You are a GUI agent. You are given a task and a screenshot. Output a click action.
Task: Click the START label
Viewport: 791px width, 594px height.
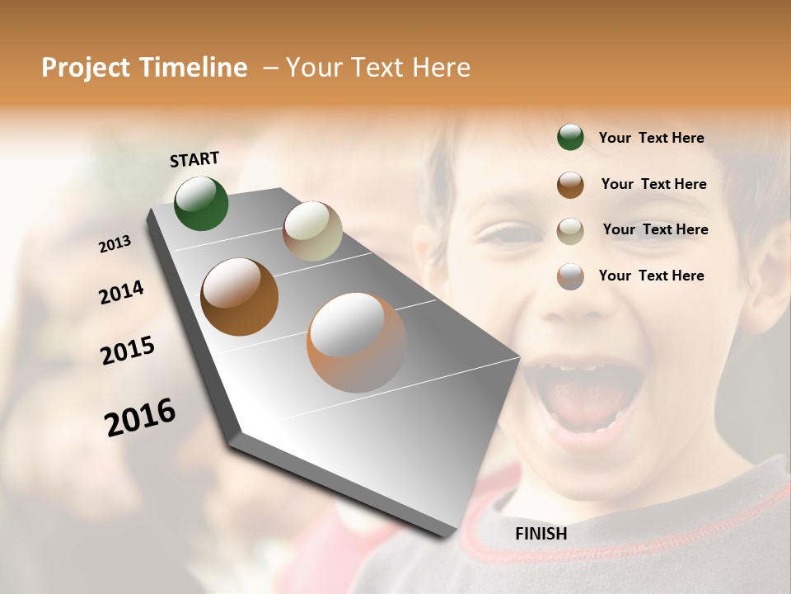click(194, 159)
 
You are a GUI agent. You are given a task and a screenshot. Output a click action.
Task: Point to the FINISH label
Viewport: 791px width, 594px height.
click(541, 534)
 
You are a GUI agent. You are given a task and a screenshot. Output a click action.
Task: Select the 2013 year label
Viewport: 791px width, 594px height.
click(115, 244)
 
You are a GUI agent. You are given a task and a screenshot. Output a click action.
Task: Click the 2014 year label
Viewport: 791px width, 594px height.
click(121, 292)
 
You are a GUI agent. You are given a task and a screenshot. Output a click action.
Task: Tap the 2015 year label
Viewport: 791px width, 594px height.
click(128, 350)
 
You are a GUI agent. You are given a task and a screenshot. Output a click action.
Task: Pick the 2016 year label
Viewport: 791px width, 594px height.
click(140, 417)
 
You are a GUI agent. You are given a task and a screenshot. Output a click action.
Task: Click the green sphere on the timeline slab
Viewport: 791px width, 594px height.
click(202, 203)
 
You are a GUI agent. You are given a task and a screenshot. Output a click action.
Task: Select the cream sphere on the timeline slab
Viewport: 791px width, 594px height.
click(312, 231)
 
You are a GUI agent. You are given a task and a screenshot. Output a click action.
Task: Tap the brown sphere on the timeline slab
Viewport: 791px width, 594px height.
click(239, 297)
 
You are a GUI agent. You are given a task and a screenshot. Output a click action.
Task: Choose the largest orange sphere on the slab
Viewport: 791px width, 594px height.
click(357, 342)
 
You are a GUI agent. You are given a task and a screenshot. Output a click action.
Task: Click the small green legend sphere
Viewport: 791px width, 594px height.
click(570, 138)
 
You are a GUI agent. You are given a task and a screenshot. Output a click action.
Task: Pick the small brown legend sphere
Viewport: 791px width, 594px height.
click(570, 185)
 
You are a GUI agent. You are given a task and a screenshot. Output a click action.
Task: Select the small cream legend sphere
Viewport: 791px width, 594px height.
click(570, 231)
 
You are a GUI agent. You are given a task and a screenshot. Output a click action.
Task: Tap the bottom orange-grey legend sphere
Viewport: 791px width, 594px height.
click(570, 276)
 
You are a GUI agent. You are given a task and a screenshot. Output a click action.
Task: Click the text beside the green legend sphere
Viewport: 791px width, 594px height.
click(651, 138)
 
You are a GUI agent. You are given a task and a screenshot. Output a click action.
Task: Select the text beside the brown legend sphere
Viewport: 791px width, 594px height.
click(653, 184)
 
